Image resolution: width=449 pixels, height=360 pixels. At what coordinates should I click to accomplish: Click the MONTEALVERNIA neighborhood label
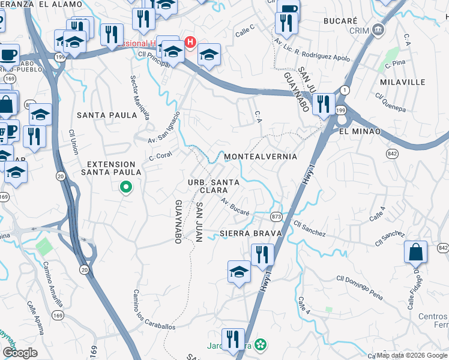(x=260, y=157)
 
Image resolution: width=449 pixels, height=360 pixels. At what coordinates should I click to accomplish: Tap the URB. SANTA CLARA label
(x=215, y=186)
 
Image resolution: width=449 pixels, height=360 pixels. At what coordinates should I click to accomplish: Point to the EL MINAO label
(x=360, y=131)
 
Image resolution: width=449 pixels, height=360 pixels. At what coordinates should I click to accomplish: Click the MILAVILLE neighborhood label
(x=402, y=82)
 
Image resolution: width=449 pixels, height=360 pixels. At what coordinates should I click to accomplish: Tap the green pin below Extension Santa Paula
(x=125, y=188)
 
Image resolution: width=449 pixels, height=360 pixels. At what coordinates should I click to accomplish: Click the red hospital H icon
(x=190, y=42)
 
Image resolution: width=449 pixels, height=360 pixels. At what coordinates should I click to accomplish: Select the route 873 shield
(x=276, y=217)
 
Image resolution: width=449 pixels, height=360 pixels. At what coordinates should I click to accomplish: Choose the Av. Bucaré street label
(x=235, y=207)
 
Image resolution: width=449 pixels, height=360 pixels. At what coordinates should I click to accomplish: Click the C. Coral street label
(x=161, y=155)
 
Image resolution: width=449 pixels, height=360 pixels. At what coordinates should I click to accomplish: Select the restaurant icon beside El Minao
(x=324, y=104)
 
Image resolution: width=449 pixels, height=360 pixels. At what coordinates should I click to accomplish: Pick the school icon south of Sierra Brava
(x=239, y=271)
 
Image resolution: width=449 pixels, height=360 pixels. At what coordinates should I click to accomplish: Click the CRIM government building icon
(x=378, y=29)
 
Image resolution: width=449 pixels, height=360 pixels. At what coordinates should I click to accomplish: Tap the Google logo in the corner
(x=20, y=352)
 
